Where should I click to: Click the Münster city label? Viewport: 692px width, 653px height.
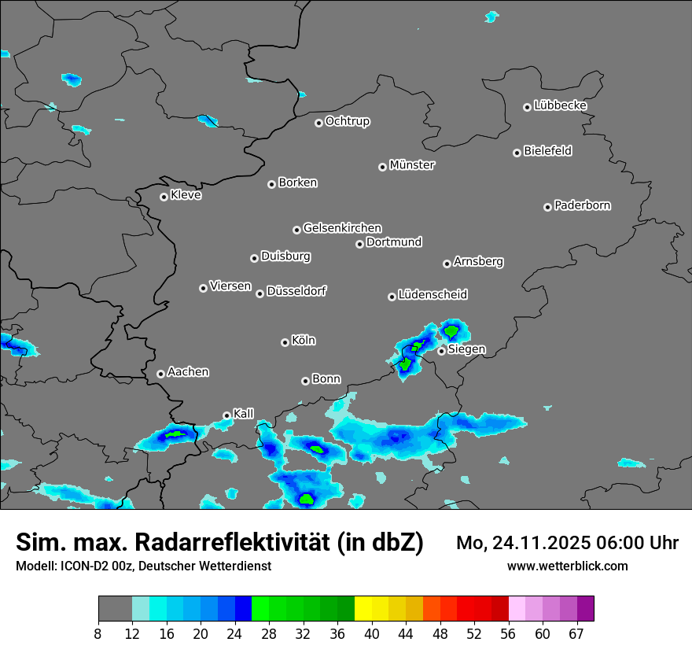[412, 165]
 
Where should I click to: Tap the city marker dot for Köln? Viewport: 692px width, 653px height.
[285, 342]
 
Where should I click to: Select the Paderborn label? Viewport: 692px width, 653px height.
[583, 205]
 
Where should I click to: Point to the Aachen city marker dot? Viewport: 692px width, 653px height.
[160, 374]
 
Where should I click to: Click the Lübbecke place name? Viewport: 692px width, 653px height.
[560, 105]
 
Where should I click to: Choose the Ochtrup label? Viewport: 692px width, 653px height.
[348, 121]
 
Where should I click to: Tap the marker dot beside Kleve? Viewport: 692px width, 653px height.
[164, 197]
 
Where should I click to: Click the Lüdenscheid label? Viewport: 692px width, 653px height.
[432, 295]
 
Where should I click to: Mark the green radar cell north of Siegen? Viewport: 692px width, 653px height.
[452, 331]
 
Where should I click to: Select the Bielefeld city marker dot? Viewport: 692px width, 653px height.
[517, 153]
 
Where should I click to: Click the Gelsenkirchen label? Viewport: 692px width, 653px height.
[342, 228]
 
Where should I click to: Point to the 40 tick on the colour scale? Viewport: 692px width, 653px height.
[371, 633]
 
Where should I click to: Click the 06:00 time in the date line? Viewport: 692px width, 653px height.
[614, 543]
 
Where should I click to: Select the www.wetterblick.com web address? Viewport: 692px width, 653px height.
[568, 566]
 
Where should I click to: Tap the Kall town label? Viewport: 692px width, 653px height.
[244, 414]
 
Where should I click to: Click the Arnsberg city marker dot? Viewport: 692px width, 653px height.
[447, 264]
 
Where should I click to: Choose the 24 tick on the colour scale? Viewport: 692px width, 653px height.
[234, 633]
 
